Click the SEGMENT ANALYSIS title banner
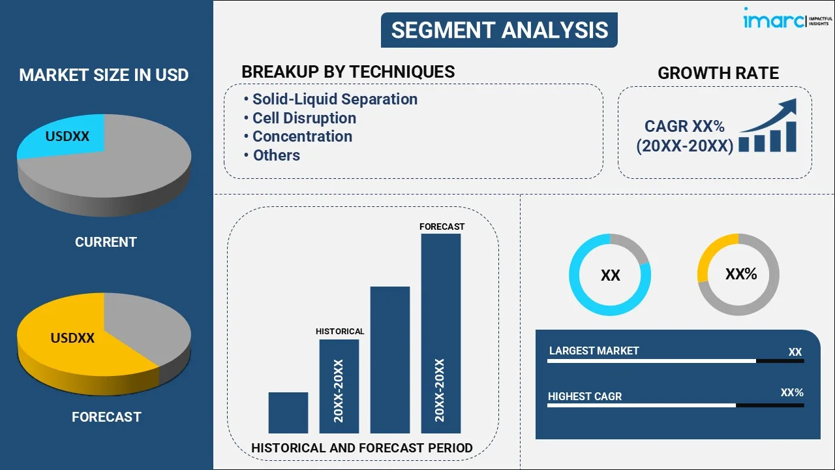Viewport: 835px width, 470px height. (499, 30)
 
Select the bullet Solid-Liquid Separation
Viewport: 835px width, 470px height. (335, 99)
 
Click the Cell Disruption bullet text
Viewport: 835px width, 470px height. (304, 118)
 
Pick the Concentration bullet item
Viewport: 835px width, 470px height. (302, 136)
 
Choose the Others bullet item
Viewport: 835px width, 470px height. (276, 155)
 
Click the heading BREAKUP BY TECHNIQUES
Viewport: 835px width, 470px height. (348, 72)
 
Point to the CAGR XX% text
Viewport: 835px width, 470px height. (684, 126)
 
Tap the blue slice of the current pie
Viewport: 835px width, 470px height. (65, 137)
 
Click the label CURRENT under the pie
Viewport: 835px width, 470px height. (106, 242)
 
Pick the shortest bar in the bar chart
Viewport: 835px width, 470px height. (288, 413)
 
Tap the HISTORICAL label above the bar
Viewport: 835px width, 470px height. (340, 332)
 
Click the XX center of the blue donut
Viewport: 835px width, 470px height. (610, 275)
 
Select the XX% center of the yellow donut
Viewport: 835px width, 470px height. (740, 274)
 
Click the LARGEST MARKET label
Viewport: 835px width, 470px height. (594, 351)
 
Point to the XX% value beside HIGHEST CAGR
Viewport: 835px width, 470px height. (791, 393)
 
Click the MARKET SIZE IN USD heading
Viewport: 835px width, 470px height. (104, 75)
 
